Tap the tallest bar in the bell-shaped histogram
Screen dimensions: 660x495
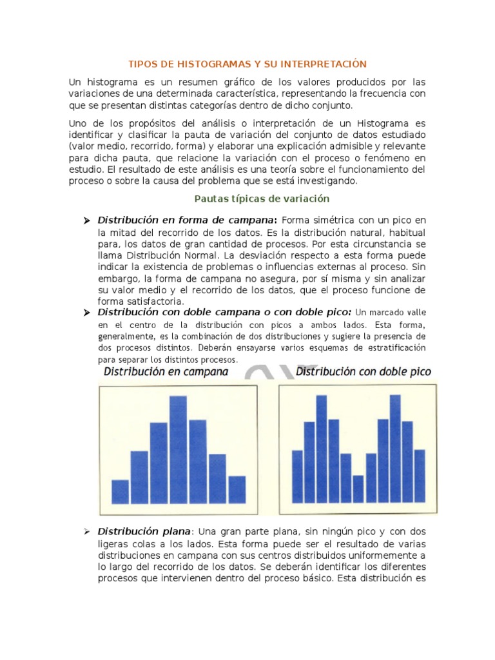tap(178, 449)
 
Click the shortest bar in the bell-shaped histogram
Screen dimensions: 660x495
tap(120, 491)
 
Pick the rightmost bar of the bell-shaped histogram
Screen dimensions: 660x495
tap(237, 489)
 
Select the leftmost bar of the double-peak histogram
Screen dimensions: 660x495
tap(297, 476)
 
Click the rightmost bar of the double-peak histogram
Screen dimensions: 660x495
tap(420, 476)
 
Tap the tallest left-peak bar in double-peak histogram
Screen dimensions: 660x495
tap(322, 449)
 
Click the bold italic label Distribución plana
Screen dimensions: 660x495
tap(144, 532)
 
